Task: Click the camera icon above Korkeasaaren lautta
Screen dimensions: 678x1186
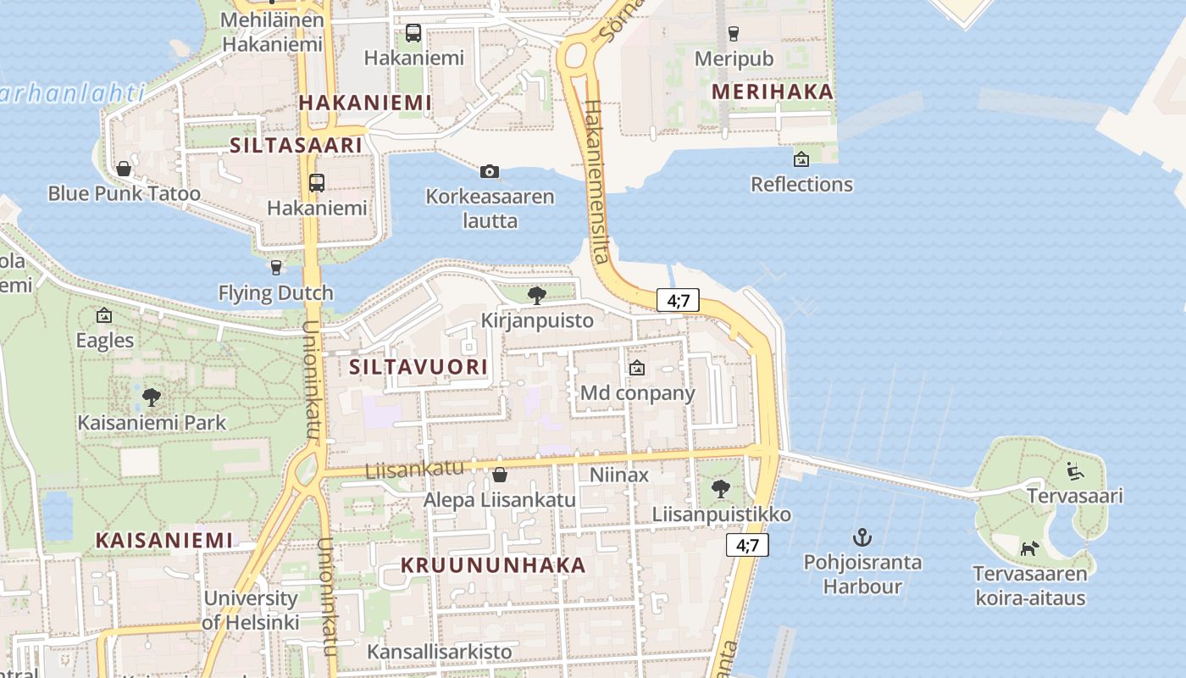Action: point(489,172)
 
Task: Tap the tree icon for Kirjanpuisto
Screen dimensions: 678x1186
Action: point(536,295)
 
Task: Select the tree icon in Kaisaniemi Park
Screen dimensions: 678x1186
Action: point(152,396)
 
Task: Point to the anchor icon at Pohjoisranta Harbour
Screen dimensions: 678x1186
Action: point(862,536)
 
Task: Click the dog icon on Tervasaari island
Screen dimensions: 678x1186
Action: point(1028,548)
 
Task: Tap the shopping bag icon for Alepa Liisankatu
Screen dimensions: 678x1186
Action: point(500,475)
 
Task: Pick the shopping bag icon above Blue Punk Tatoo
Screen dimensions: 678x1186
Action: point(124,169)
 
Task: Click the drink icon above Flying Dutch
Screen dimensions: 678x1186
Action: point(275,268)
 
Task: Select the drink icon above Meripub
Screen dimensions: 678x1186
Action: point(734,34)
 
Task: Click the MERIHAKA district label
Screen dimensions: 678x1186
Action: point(773,92)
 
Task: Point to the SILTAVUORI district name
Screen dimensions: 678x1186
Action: point(418,367)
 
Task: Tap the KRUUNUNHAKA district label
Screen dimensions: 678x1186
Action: point(493,565)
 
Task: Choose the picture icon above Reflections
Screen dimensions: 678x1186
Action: point(801,158)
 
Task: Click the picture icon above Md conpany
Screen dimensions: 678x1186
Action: point(637,368)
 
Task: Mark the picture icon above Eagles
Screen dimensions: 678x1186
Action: point(104,315)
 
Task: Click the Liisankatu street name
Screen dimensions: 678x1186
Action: point(415,469)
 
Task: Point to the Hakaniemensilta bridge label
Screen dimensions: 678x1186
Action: point(598,182)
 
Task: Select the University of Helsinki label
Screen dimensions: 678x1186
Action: point(251,610)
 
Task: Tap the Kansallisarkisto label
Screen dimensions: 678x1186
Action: point(440,652)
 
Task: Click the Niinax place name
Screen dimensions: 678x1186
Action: point(619,475)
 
